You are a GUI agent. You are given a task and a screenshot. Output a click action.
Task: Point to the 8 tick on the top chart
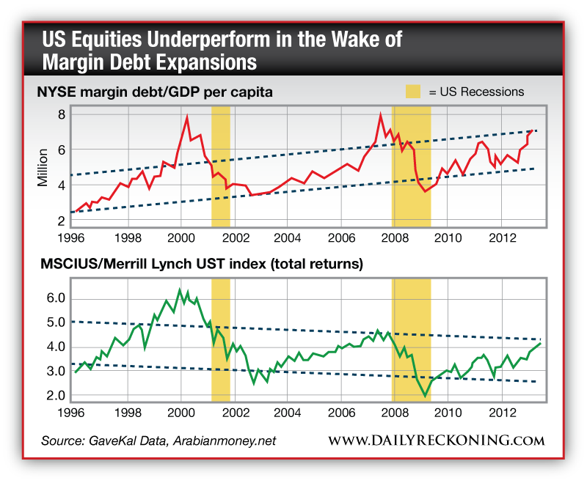[x=62, y=114]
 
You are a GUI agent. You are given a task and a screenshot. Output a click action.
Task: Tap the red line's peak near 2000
[x=187, y=117]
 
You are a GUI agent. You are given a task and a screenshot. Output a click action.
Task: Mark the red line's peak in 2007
[x=380, y=114]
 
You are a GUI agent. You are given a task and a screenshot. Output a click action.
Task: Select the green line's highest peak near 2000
[x=180, y=290]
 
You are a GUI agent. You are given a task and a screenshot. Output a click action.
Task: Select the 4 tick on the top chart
[x=62, y=185]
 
